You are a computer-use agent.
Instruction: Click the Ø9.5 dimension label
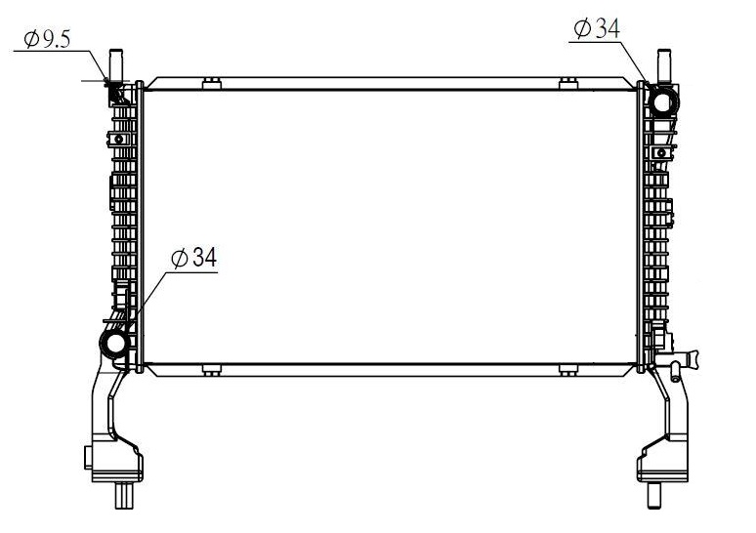[x=47, y=38]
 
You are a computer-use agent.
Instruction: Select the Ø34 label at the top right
[x=597, y=28]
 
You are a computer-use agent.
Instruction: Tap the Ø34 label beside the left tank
[x=193, y=258]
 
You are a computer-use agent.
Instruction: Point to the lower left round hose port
[x=114, y=343]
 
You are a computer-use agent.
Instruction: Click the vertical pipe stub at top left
[x=116, y=64]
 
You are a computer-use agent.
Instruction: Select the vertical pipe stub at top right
[x=663, y=65]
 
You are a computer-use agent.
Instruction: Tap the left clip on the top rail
[x=212, y=83]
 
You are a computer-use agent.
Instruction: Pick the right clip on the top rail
[x=568, y=83]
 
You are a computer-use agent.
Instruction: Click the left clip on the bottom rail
[x=212, y=370]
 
